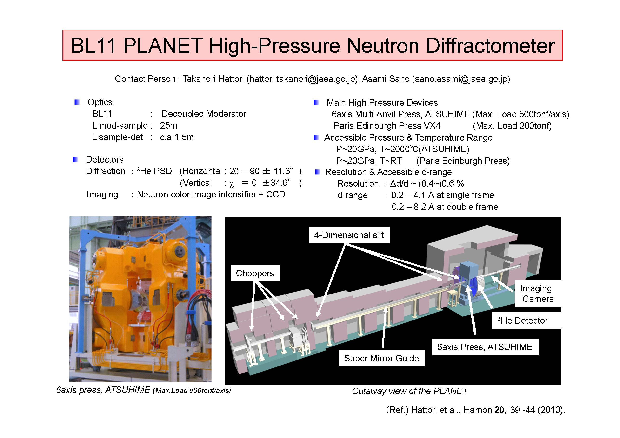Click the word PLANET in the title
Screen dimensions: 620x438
pos(163,45)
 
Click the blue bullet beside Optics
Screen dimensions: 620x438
pos(77,102)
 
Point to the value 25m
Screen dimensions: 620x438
pos(168,125)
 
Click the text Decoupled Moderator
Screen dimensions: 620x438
pos(204,114)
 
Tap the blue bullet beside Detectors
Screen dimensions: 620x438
pos(76,159)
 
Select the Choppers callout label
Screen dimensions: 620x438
pos(255,273)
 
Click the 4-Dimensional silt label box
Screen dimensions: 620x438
pos(349,235)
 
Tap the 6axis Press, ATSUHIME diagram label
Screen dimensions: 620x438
pos(485,347)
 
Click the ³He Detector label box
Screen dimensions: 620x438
pos(527,320)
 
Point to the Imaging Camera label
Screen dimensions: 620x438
pos(538,293)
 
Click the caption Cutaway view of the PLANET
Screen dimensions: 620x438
pos(410,391)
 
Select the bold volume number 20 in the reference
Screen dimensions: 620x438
pos(499,410)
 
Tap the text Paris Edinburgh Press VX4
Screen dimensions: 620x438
pos(387,126)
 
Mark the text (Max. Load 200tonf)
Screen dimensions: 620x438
pos(512,126)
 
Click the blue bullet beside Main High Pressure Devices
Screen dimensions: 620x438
pos(316,103)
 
